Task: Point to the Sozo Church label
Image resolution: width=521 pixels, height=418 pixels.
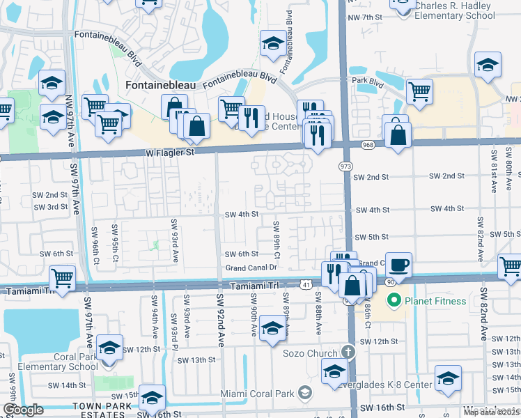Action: coord(310,353)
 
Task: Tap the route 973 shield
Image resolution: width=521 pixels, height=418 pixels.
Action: coord(345,167)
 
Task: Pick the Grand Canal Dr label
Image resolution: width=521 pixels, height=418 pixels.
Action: coord(251,268)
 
